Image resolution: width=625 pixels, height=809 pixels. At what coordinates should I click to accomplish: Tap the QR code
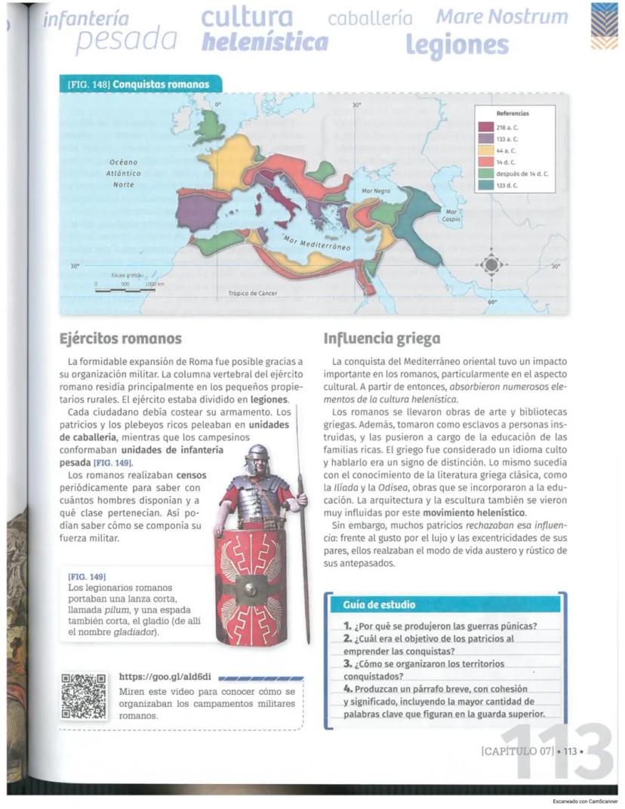point(84,695)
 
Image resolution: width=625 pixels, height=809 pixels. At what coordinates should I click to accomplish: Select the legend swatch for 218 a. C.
point(485,127)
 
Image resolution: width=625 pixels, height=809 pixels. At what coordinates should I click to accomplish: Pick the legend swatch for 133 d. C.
point(485,185)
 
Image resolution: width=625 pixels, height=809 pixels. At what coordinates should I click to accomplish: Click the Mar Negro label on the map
point(376,191)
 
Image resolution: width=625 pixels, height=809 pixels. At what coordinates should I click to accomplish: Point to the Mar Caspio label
point(452,215)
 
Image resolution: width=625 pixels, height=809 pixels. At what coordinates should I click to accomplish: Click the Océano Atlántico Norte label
point(124,173)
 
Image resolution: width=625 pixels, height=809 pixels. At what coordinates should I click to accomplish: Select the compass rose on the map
point(491,265)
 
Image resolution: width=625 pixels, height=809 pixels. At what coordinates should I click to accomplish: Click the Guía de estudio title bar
point(445,604)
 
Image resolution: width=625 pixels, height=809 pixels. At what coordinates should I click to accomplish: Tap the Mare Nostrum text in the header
point(501,17)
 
